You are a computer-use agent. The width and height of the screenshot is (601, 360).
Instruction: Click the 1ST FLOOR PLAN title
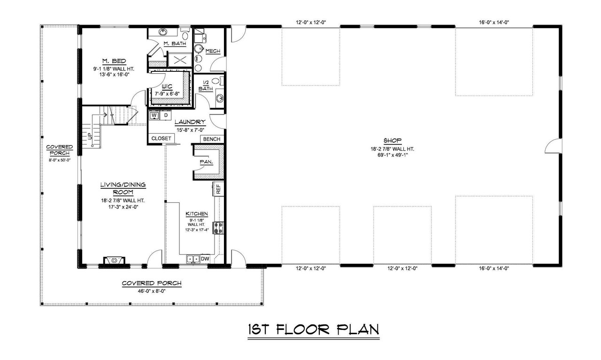click(x=313, y=329)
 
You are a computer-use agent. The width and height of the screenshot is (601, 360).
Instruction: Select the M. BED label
click(x=114, y=61)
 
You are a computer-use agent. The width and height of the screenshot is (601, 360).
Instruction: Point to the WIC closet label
click(x=167, y=87)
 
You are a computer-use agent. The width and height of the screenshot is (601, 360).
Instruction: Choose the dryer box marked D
click(x=166, y=115)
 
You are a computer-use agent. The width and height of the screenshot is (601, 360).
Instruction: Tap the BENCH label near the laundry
click(x=212, y=139)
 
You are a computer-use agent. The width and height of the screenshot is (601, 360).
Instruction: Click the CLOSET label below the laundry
click(x=161, y=138)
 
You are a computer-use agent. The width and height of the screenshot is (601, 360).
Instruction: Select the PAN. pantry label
click(x=206, y=162)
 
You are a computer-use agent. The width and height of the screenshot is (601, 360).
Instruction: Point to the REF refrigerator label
click(x=218, y=189)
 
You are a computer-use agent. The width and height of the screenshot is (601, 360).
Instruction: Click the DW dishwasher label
click(x=205, y=259)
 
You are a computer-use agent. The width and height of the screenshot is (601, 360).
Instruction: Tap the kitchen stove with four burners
click(x=218, y=228)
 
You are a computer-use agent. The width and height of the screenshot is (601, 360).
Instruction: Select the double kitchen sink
click(x=192, y=259)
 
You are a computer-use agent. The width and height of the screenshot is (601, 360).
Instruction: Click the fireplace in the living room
click(x=114, y=261)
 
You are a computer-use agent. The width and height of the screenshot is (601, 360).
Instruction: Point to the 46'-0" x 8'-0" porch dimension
click(x=151, y=291)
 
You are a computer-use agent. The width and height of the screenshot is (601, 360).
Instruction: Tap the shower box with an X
click(x=178, y=60)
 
